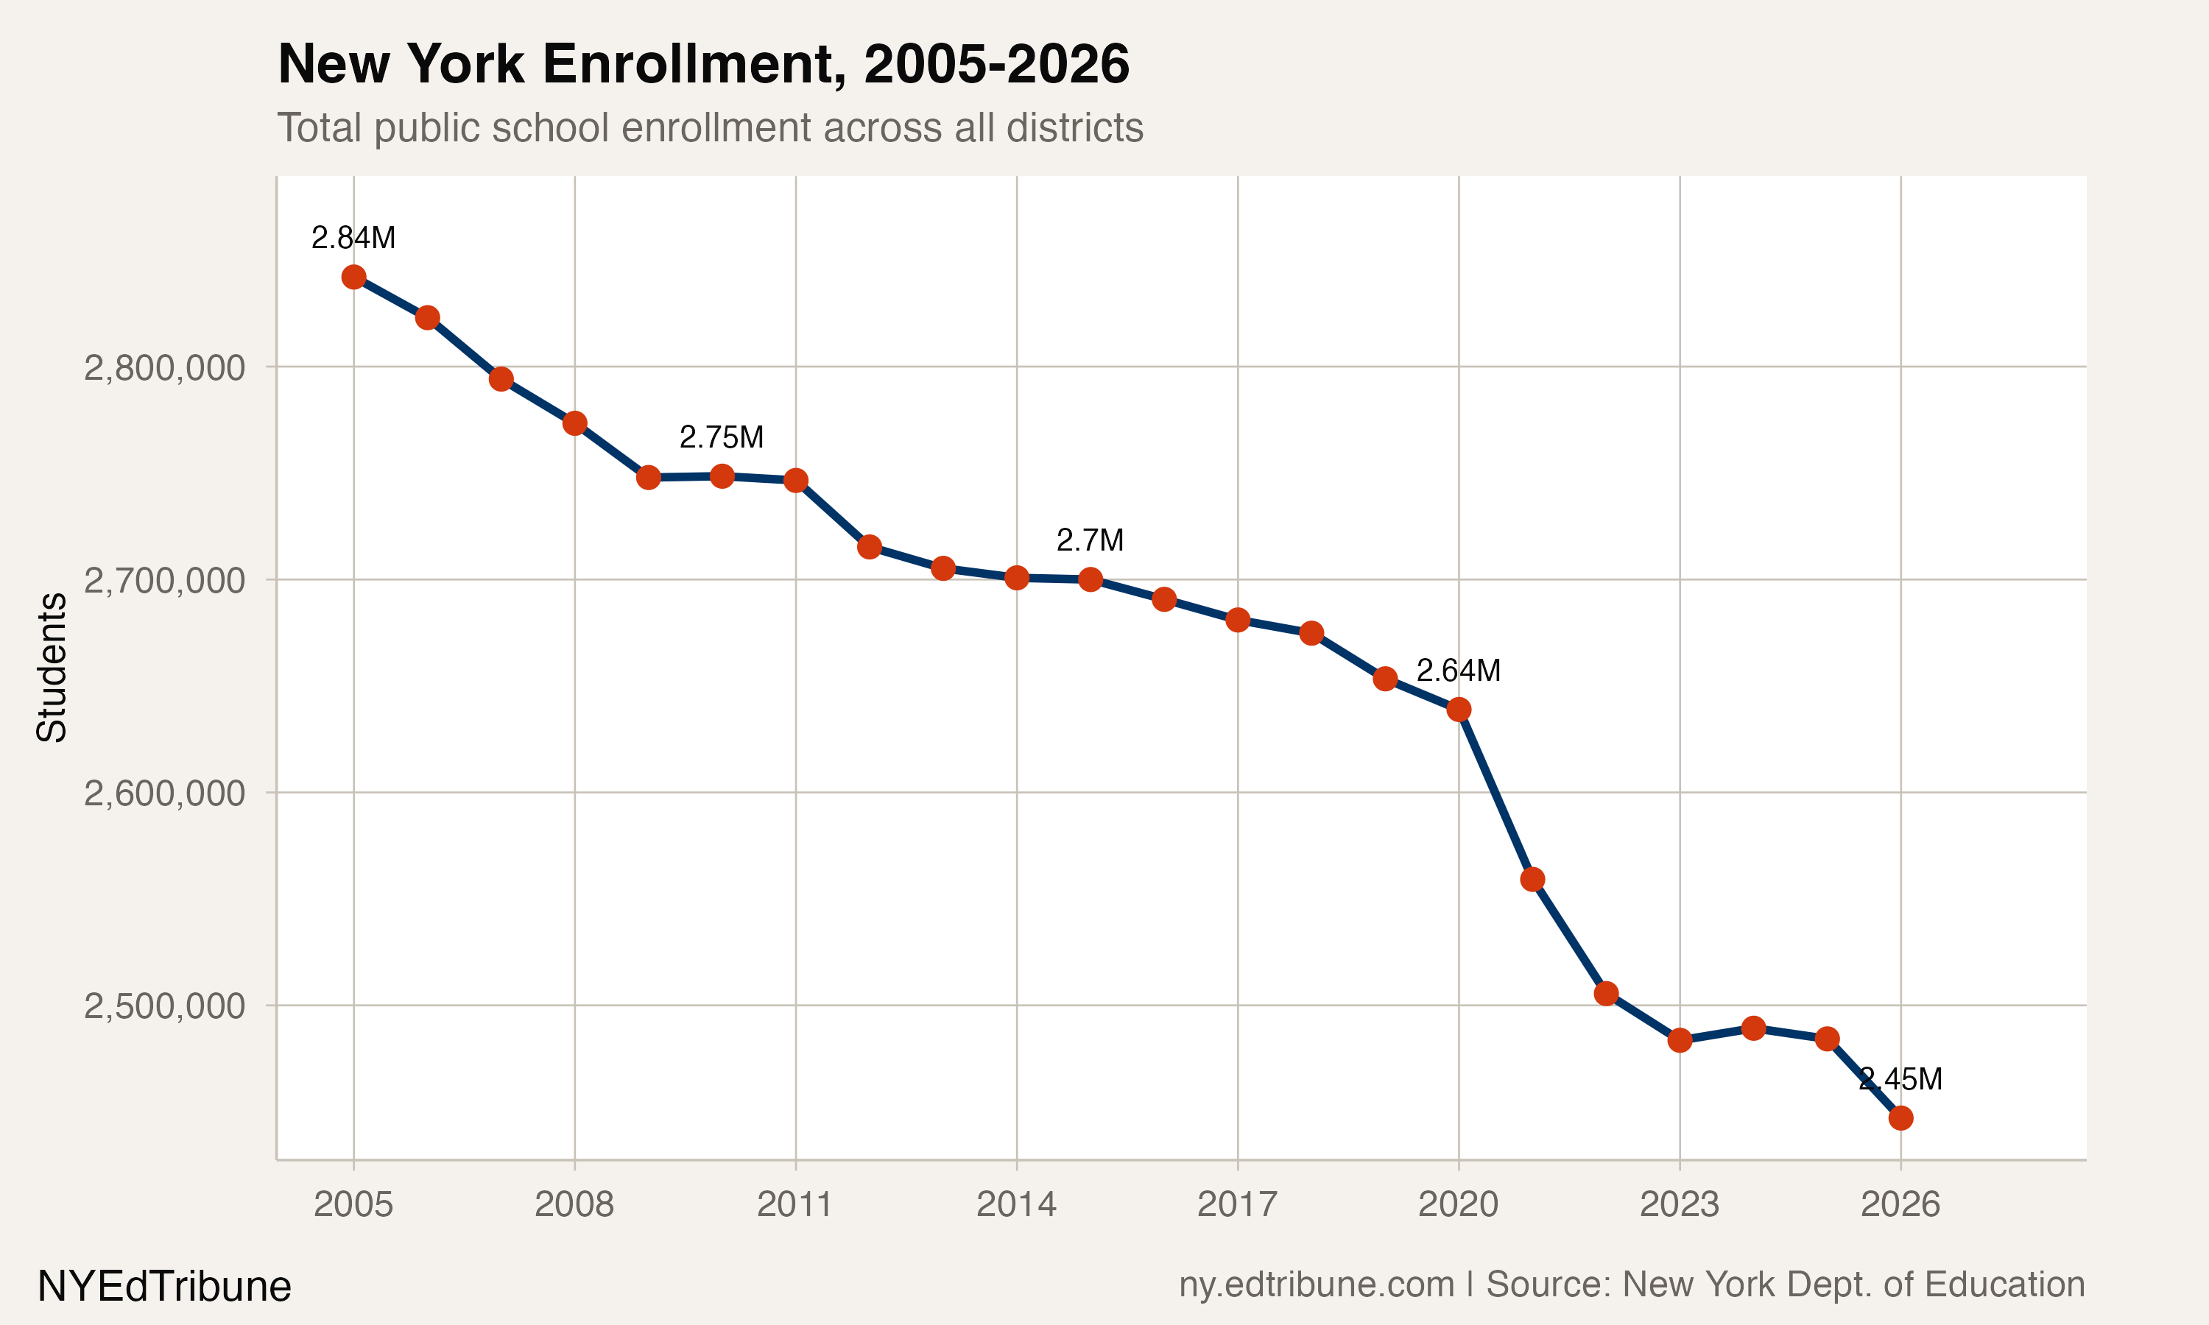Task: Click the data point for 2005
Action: (x=353, y=277)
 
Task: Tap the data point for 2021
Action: (x=1532, y=880)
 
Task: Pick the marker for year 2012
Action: (x=870, y=546)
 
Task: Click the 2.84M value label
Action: (x=353, y=238)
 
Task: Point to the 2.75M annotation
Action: (x=722, y=437)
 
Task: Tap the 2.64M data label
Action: (x=1458, y=671)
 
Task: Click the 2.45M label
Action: (x=1900, y=1079)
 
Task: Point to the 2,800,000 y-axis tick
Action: (x=164, y=367)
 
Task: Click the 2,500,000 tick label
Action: (x=164, y=1006)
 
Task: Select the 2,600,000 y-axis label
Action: (x=164, y=793)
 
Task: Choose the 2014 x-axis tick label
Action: (x=1016, y=1204)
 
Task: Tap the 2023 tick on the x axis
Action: (x=1680, y=1204)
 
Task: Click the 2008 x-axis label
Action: (x=574, y=1204)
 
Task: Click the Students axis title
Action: (x=52, y=667)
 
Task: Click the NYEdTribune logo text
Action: (x=164, y=1287)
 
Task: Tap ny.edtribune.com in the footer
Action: (x=1316, y=1285)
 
